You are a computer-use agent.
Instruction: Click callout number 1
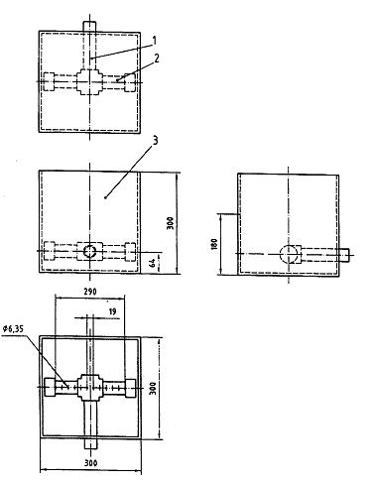[x=154, y=41]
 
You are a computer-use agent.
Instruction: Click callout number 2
[x=156, y=59]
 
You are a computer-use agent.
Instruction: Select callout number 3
[x=155, y=141]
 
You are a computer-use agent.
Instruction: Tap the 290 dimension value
[x=90, y=292]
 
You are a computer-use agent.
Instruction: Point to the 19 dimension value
[x=112, y=311]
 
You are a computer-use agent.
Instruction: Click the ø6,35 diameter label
[x=14, y=329]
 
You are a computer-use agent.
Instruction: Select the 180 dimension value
[x=214, y=244]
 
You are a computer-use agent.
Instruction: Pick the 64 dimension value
[x=153, y=264]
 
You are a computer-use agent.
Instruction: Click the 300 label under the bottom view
[x=90, y=463]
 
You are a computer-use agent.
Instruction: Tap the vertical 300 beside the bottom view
[x=153, y=389]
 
